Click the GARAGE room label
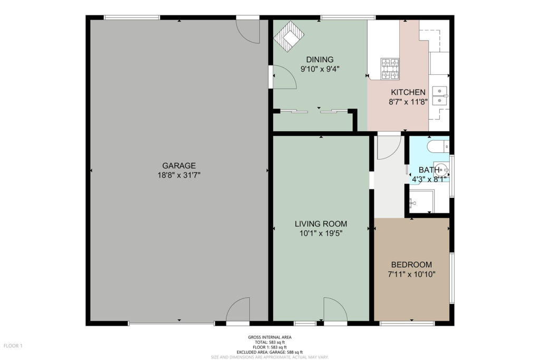coord(179,166)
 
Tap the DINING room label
coord(320,60)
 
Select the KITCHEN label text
coord(408,92)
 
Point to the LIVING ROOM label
coord(321,223)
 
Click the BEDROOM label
coord(411,265)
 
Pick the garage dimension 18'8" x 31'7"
coord(179,175)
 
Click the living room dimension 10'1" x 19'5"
coord(321,233)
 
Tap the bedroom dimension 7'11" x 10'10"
coord(411,274)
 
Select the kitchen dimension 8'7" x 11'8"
coord(408,102)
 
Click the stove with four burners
coord(390,69)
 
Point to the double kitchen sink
coord(440,95)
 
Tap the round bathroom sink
coord(441,170)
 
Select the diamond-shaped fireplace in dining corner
coord(290,36)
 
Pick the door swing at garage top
coord(248,32)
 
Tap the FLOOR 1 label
coord(13,346)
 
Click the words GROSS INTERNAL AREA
coord(269,337)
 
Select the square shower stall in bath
coord(422,201)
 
